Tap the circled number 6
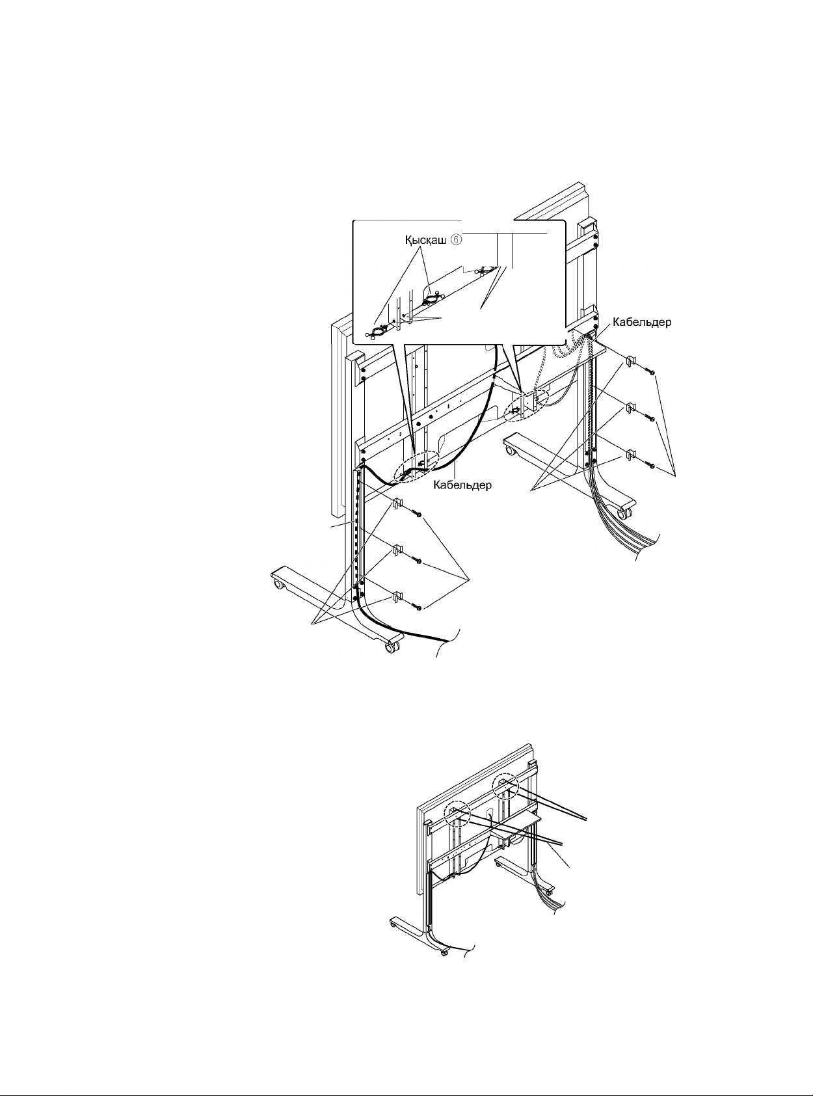pyautogui.click(x=457, y=240)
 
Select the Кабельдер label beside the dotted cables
pyautogui.click(x=643, y=323)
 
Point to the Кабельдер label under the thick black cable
pyautogui.click(x=462, y=485)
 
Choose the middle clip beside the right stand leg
pyautogui.click(x=630, y=408)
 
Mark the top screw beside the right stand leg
pyautogui.click(x=652, y=371)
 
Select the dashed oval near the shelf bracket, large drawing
pyautogui.click(x=527, y=405)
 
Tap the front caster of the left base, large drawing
pyautogui.click(x=391, y=648)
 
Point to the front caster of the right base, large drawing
pyautogui.click(x=625, y=514)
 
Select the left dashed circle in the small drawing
pyautogui.click(x=457, y=814)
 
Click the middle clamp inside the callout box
pyautogui.click(x=430, y=300)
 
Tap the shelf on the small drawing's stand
pyautogui.click(x=517, y=824)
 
